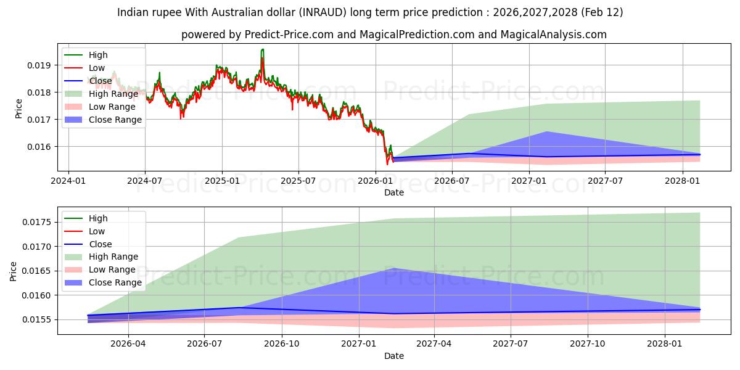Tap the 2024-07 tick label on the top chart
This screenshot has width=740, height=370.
coord(145,181)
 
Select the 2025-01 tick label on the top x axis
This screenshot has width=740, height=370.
coord(221,181)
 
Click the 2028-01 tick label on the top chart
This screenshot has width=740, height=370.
coord(682,181)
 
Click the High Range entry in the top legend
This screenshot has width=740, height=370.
coord(113,94)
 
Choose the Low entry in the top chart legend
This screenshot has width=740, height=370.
coord(97,68)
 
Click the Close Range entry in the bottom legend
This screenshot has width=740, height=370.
coord(115,282)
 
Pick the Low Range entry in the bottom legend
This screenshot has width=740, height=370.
coord(112,269)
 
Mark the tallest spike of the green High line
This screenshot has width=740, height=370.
coord(263,49)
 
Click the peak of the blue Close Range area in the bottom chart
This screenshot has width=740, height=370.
coord(394,268)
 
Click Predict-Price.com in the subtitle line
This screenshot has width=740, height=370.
coord(290,35)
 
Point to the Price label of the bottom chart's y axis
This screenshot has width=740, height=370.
coord(14,271)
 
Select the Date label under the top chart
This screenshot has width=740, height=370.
coord(393,192)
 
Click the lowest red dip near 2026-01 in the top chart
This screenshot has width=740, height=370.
coord(387,164)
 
